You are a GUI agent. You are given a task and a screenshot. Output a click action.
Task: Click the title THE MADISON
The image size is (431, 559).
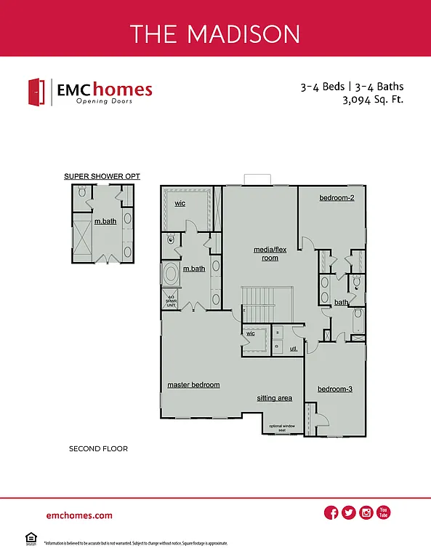[215, 33]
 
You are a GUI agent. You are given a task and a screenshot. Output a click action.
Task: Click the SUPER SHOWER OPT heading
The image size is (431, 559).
[102, 176]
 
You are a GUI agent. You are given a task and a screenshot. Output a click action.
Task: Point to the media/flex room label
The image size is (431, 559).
[265, 253]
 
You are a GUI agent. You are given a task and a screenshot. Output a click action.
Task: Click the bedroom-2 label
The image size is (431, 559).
[337, 198]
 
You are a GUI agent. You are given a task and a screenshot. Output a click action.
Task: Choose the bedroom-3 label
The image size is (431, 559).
[335, 389]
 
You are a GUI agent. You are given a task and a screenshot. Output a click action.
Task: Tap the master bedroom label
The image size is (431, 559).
[193, 384]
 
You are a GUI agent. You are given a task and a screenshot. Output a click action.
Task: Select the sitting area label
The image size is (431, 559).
[274, 398]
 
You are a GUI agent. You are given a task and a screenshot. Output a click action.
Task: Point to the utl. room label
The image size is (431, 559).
[294, 349]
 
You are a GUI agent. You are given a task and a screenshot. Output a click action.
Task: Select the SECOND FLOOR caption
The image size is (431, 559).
[98, 449]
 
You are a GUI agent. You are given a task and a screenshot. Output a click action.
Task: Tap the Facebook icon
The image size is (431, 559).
[331, 513]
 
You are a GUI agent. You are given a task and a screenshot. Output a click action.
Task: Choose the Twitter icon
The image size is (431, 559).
[349, 513]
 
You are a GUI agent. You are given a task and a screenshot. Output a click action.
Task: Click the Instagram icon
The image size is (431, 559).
[366, 513]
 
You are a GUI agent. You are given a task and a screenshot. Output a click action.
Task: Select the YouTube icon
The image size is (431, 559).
[384, 513]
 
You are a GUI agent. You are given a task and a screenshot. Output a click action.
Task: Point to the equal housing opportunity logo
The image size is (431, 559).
[31, 539]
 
